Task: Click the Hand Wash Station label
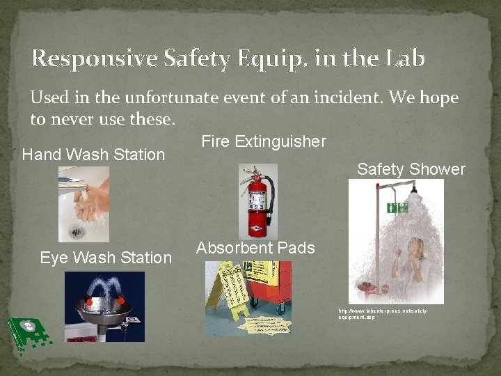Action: coord(93,155)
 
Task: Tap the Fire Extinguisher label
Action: coord(263,142)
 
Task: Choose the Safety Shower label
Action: coord(411,169)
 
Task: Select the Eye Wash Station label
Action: coord(106,258)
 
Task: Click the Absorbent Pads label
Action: coord(255,248)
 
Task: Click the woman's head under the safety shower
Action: coord(417,245)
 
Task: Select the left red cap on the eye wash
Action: coord(90,302)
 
